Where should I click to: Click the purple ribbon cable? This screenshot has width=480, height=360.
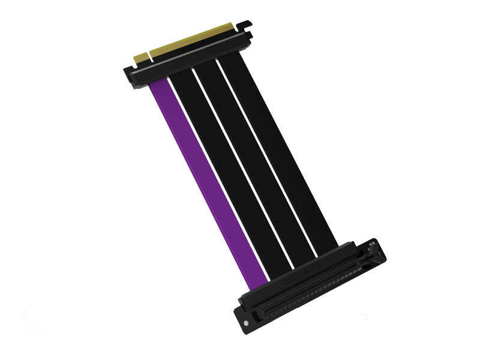coord(207,180)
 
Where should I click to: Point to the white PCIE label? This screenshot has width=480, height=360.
coord(371,244)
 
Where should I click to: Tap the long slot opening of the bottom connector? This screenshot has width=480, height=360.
coord(312,288)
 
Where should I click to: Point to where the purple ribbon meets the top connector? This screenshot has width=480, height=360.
coord(159,84)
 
